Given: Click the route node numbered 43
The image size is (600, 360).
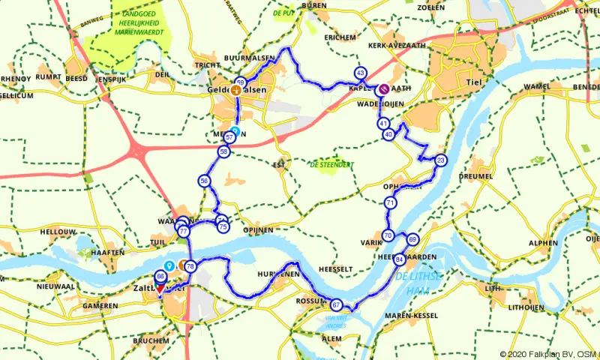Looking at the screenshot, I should pos(361,73).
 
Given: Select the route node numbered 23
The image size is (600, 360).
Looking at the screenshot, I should pos(441,160).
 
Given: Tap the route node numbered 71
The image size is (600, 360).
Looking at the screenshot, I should pos(390,203).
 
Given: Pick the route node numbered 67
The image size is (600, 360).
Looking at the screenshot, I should pos(337,304).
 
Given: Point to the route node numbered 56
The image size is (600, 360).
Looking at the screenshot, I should pos(204,181).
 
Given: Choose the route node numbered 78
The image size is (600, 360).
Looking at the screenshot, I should pos(190,266).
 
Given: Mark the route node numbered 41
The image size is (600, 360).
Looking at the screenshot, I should pos(383,123).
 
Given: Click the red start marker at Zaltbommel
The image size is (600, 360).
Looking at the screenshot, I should pos(160,288).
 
